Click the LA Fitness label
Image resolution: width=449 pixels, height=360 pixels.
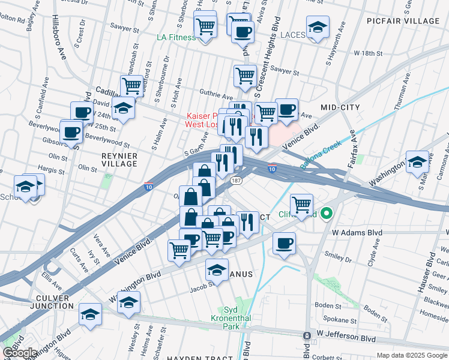[x=176, y=37]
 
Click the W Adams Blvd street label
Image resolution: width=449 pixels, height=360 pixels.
[x=358, y=232]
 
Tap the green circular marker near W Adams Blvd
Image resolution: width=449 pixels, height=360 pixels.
[x=327, y=213]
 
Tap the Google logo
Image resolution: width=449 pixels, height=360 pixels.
[x=20, y=353]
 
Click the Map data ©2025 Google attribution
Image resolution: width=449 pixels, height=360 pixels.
[x=411, y=355]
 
